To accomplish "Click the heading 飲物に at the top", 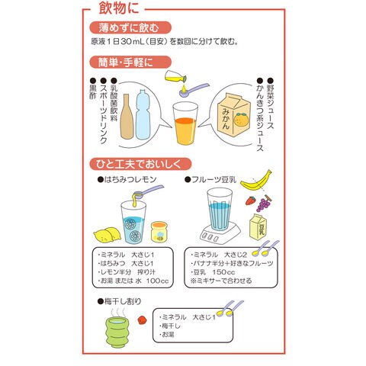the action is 119,8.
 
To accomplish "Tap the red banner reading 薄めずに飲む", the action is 130,27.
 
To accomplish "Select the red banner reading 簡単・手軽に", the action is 130,63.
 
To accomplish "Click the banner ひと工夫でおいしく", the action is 140,164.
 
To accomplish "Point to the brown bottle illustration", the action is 127,117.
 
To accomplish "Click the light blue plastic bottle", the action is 143,115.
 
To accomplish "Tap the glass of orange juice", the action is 185,124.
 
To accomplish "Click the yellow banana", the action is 256,180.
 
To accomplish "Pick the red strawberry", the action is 251,201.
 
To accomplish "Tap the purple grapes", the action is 264,204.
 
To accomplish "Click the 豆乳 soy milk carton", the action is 258,226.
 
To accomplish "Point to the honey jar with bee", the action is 159,232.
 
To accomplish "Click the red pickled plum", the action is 143,320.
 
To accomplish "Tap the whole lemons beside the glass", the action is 108,235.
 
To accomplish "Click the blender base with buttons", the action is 220,234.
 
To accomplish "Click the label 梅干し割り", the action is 120,301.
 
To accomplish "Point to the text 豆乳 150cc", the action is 213,272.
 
